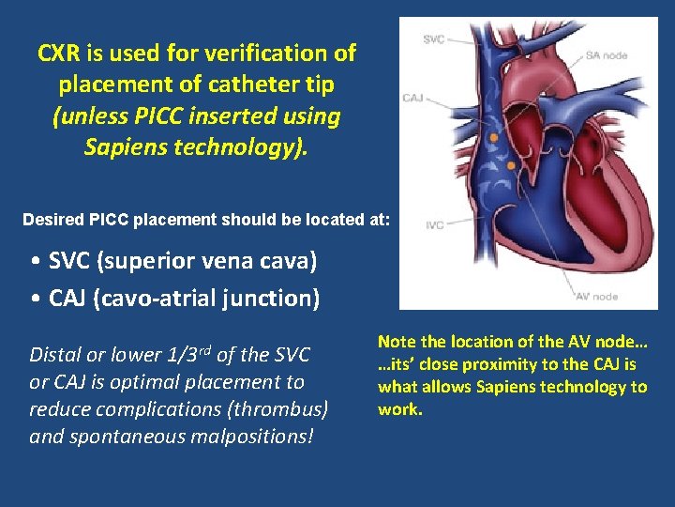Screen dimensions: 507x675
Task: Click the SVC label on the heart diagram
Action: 433,39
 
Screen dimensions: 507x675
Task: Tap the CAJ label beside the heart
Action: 413,98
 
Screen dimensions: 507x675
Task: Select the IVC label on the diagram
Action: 435,224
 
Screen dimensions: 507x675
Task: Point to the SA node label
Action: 606,55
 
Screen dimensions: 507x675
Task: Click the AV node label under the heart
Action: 595,297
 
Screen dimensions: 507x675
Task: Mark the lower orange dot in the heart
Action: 512,166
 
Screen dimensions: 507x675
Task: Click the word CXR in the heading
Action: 61,53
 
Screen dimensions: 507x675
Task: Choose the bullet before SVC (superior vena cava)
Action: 34,261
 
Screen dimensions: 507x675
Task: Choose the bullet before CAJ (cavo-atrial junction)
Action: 34,299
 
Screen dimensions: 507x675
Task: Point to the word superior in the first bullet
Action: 153,260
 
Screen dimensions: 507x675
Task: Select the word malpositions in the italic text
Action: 247,437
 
